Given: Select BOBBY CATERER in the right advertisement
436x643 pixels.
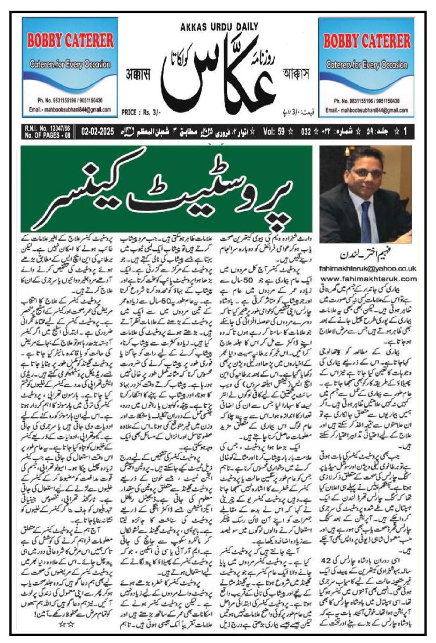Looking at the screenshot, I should pos(366,41).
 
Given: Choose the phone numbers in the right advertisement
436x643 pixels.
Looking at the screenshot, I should pos(366,101).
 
